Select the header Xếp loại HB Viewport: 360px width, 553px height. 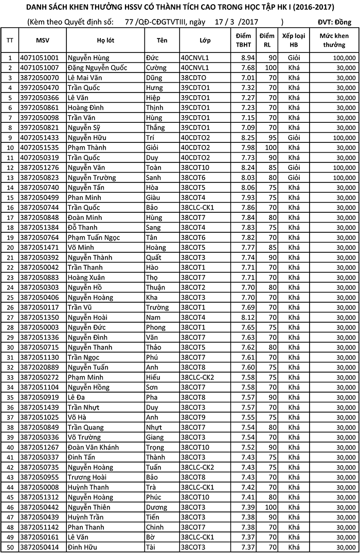click(x=294, y=41)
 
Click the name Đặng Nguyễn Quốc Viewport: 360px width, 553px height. click(x=97, y=68)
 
